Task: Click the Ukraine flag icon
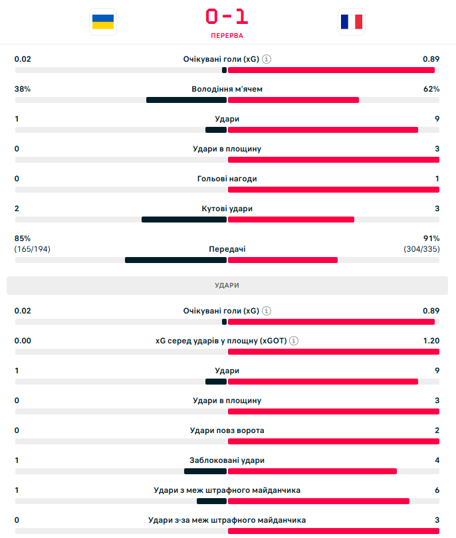tap(102, 21)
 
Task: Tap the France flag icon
tap(351, 21)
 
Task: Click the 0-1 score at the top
tap(227, 16)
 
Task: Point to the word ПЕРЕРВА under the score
tap(227, 35)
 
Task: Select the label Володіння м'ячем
tap(227, 89)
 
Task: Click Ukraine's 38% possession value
tap(23, 89)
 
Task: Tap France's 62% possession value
tap(431, 89)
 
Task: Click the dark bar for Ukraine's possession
tap(187, 100)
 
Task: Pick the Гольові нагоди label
tap(227, 179)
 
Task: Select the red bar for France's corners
tap(291, 220)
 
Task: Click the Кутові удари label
tap(227, 209)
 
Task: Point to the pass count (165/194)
tap(33, 249)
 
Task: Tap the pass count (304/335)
tap(421, 249)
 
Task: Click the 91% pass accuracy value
tap(431, 238)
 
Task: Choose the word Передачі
tap(227, 249)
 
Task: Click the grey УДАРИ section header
tap(227, 285)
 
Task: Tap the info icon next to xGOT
tap(294, 341)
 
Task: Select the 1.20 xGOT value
tap(431, 341)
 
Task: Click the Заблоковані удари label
tap(227, 460)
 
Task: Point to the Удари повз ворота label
tap(227, 430)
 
